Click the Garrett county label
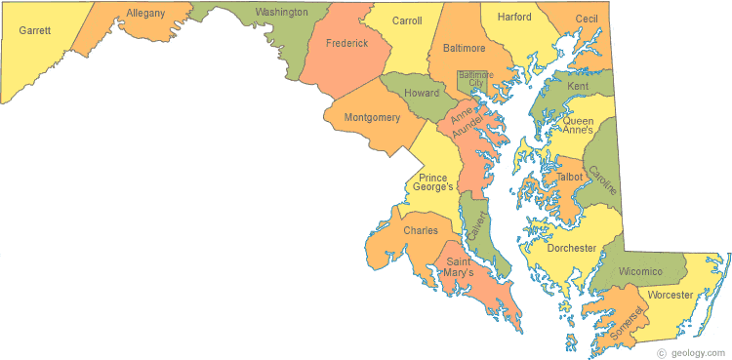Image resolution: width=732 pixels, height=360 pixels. click(x=34, y=30)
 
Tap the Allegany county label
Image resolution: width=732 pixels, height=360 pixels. click(x=145, y=14)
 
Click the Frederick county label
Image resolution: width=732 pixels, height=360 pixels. click(x=346, y=44)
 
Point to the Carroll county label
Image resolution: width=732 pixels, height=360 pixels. click(x=406, y=20)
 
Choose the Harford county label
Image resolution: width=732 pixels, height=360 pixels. click(x=513, y=18)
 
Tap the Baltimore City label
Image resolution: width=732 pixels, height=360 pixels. click(x=475, y=78)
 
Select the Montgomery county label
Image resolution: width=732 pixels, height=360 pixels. click(x=372, y=117)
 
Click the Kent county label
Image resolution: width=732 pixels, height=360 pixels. click(x=578, y=87)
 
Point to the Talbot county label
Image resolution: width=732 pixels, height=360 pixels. click(x=569, y=177)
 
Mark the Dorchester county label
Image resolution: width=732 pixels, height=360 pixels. click(x=571, y=248)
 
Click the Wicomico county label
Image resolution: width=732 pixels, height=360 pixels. click(x=639, y=270)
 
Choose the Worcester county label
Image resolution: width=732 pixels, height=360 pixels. click(x=670, y=295)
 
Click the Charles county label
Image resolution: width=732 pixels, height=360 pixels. click(x=421, y=231)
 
